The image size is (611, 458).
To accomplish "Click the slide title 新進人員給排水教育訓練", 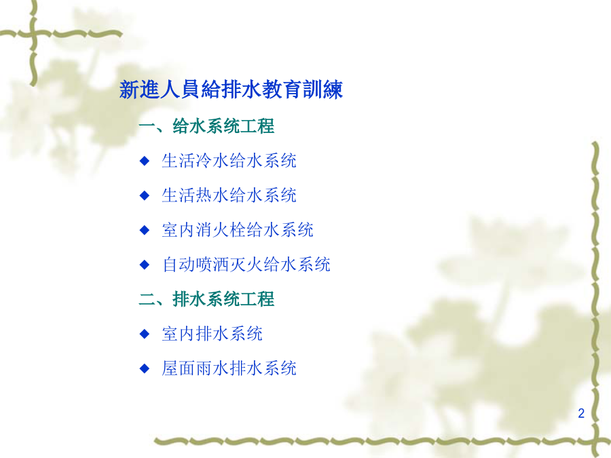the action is (231, 90).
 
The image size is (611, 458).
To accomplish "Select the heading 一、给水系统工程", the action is (206, 126).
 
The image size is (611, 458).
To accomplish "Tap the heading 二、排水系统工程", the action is (206, 299).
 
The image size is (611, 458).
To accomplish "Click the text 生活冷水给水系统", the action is (229, 160).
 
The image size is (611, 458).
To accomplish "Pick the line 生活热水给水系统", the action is (229, 195).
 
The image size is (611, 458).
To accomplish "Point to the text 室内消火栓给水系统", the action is (238, 230).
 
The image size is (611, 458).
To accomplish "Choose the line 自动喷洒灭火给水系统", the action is (246, 265).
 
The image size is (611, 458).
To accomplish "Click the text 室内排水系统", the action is (212, 334).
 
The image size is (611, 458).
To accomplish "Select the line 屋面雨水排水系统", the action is (229, 368).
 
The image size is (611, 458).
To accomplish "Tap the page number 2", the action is (581, 413).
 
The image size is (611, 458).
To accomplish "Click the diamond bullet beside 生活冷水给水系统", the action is (145, 160).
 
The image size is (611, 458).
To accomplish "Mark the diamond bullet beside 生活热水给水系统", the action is (145, 195).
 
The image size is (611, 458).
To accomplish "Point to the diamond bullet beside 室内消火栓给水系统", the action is (145, 230).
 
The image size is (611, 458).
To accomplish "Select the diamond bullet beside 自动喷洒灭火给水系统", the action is (145, 265).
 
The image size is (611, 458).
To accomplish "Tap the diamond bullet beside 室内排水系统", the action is (145, 334).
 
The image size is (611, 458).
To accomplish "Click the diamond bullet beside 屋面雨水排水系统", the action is (145, 368).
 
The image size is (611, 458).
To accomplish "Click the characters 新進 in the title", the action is (139, 90).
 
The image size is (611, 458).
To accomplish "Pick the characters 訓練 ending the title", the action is (322, 90).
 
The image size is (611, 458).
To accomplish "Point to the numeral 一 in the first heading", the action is (147, 126).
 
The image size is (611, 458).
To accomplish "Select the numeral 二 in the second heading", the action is (147, 299).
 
